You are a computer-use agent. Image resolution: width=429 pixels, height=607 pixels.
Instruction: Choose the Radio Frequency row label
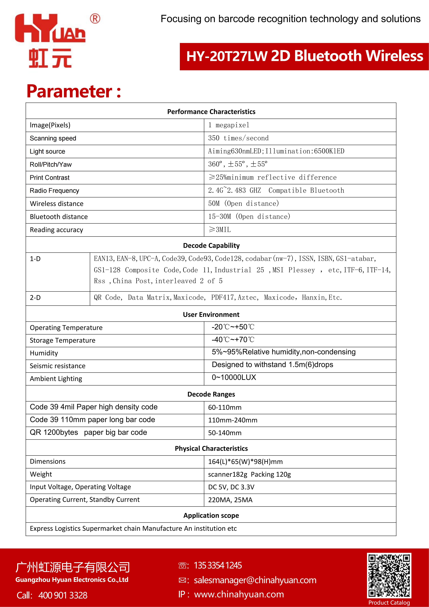click(54, 191)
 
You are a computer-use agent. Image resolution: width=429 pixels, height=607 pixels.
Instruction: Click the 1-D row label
click(35, 259)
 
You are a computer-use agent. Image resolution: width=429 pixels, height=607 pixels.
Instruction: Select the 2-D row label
click(35, 298)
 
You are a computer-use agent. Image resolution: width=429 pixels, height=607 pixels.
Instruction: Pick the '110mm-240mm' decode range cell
click(232, 420)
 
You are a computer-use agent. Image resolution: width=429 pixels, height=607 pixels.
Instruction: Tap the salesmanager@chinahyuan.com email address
click(255, 580)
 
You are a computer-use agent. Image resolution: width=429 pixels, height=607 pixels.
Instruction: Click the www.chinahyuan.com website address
click(239, 594)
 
